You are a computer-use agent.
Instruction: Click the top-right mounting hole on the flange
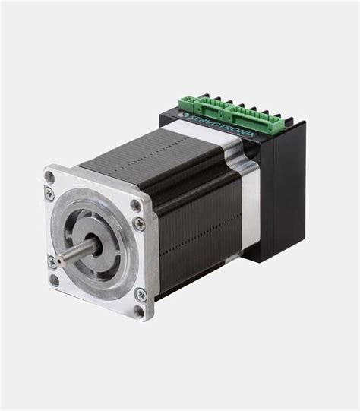tap(136, 204)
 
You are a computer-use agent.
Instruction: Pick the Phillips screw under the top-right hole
tap(138, 223)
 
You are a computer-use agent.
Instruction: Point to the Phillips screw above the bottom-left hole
tap(51, 261)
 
